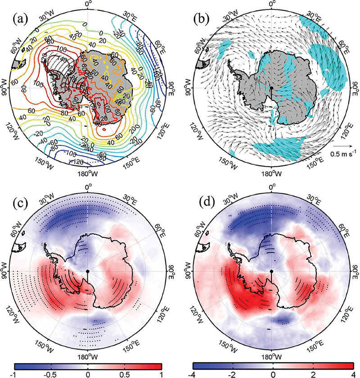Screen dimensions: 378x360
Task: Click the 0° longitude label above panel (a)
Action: tap(88, 4)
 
